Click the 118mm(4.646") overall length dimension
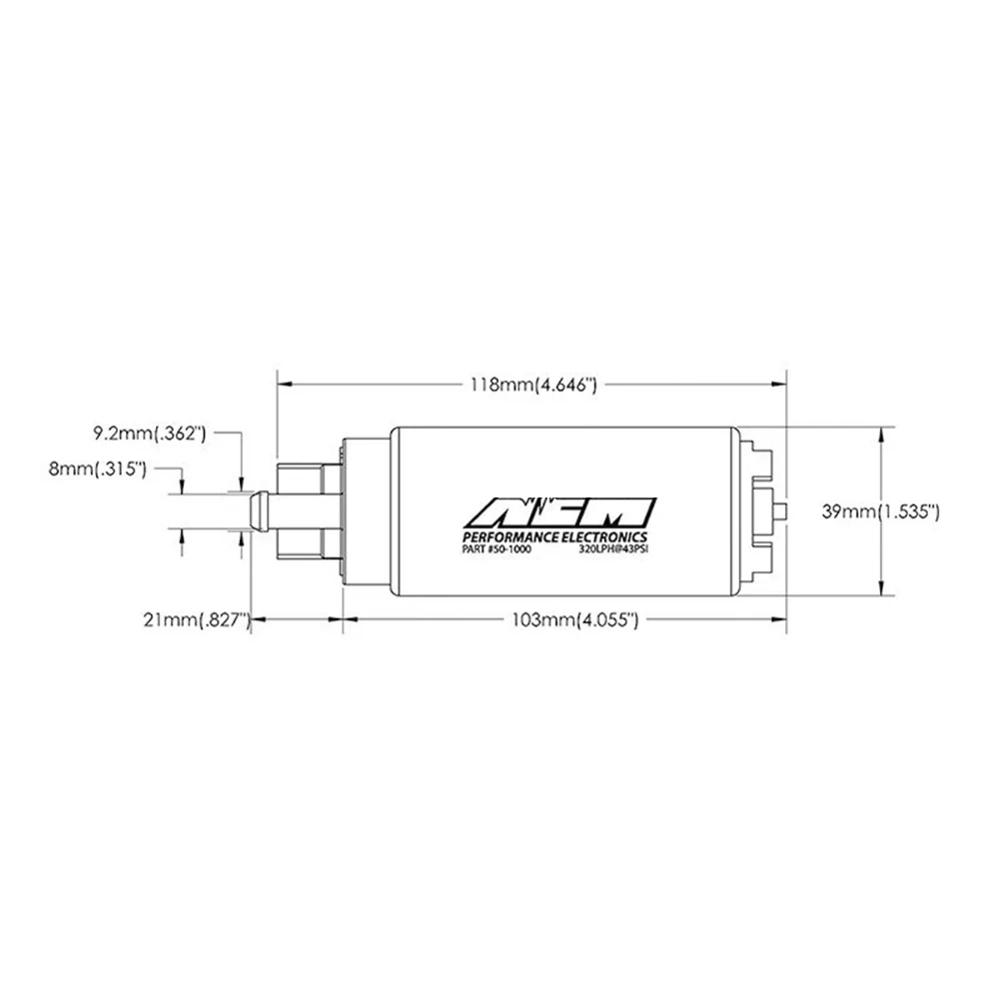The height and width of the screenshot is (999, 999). tap(533, 385)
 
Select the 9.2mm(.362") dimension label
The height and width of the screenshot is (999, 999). tap(150, 434)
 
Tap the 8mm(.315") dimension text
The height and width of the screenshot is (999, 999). tap(98, 469)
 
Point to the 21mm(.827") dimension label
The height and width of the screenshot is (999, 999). tap(196, 619)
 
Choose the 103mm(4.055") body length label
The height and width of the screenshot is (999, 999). tap(574, 619)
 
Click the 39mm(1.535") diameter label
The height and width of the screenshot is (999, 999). tap(880, 511)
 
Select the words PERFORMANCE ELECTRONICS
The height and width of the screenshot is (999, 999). tap(554, 537)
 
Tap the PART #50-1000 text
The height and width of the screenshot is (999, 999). tap(496, 548)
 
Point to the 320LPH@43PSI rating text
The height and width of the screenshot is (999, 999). tap(614, 548)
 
